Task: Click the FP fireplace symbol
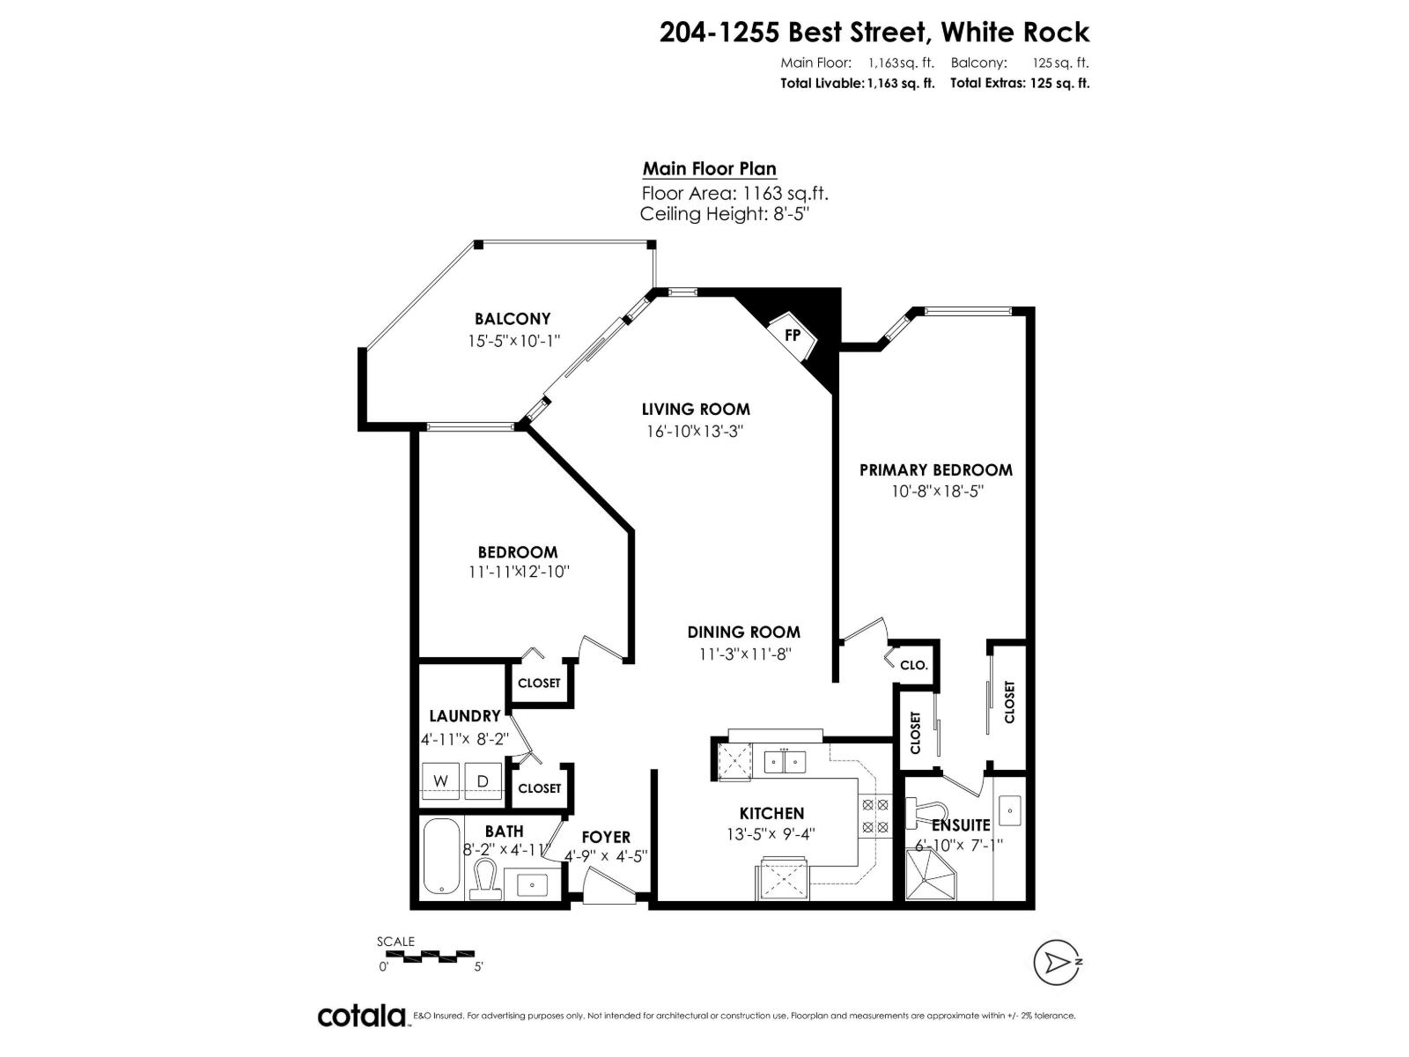pos(793,336)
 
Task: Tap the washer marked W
pos(441,780)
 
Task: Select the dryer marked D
pos(483,780)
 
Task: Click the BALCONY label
pos(513,319)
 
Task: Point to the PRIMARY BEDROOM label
pos(935,470)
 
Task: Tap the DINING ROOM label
pos(743,632)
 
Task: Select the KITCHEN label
pos(771,813)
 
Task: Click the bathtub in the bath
pos(440,857)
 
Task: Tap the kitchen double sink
pos(785,760)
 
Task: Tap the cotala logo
pos(361,1016)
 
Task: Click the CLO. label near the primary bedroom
pos(914,665)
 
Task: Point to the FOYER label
pos(606,837)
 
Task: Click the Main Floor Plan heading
pos(709,169)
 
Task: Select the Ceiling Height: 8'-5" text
pos(724,214)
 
